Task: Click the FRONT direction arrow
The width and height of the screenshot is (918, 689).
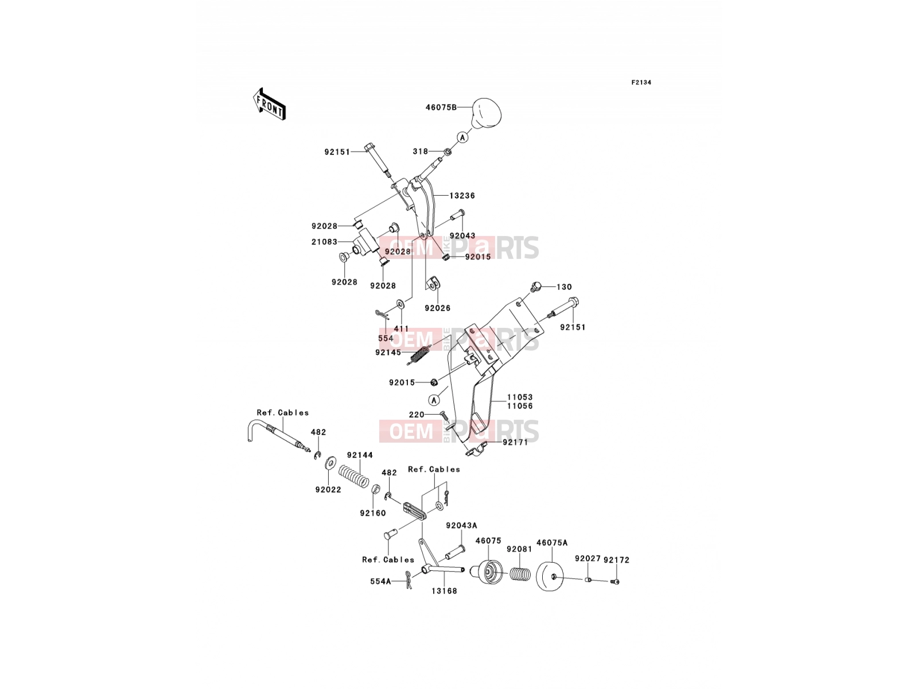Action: pos(269,104)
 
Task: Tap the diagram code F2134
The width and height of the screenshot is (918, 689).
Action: pos(641,83)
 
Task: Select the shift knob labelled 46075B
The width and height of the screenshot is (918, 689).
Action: pos(487,113)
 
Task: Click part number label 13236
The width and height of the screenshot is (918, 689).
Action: pos(462,195)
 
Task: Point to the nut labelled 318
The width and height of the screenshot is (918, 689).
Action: pos(446,152)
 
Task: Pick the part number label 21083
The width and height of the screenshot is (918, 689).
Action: pos(324,242)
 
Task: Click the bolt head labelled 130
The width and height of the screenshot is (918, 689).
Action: pos(535,287)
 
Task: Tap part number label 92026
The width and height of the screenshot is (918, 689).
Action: pos(437,308)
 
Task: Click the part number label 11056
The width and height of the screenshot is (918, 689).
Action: pos(520,406)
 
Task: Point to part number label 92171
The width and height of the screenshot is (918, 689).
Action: pos(515,442)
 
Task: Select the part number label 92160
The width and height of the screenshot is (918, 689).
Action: pos(372,513)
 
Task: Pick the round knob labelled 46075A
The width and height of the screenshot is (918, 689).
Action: pos(550,576)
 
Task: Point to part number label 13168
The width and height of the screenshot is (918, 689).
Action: pos(444,591)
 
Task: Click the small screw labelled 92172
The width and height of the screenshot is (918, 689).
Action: pos(616,581)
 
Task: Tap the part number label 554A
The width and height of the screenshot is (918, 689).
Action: pos(380,581)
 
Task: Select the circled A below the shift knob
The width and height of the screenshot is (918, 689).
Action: pos(462,137)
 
